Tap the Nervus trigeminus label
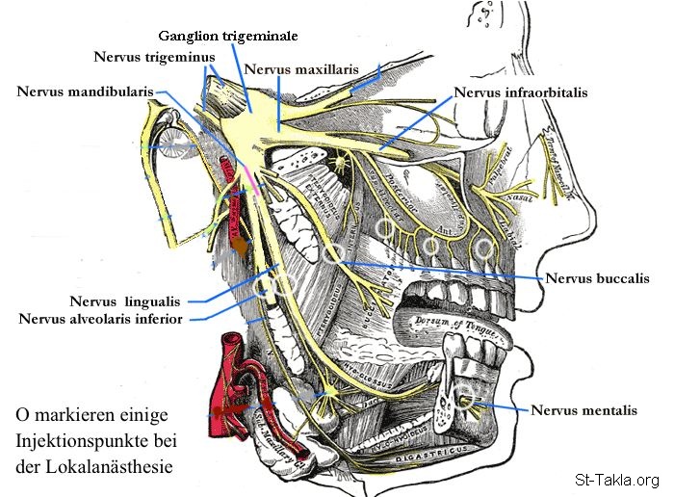(154, 57)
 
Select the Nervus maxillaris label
(301, 70)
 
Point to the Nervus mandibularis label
(86, 92)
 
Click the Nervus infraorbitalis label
(520, 93)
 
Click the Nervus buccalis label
(597, 279)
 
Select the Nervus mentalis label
(583, 410)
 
